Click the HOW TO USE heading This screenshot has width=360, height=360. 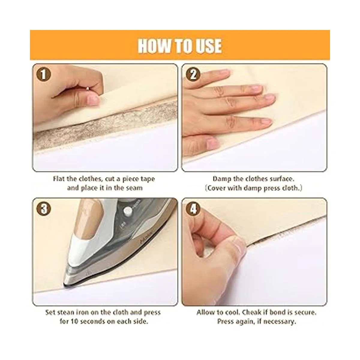[180, 46]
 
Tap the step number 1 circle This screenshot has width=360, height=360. [43, 74]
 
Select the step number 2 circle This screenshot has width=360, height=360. [193, 74]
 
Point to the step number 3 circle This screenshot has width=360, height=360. [43, 209]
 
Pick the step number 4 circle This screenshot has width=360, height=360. [193, 209]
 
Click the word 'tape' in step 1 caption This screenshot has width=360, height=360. [148, 179]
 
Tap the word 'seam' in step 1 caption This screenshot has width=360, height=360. [134, 188]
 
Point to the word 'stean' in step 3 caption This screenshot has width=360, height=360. [67, 312]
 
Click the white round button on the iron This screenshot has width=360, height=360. [127, 211]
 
